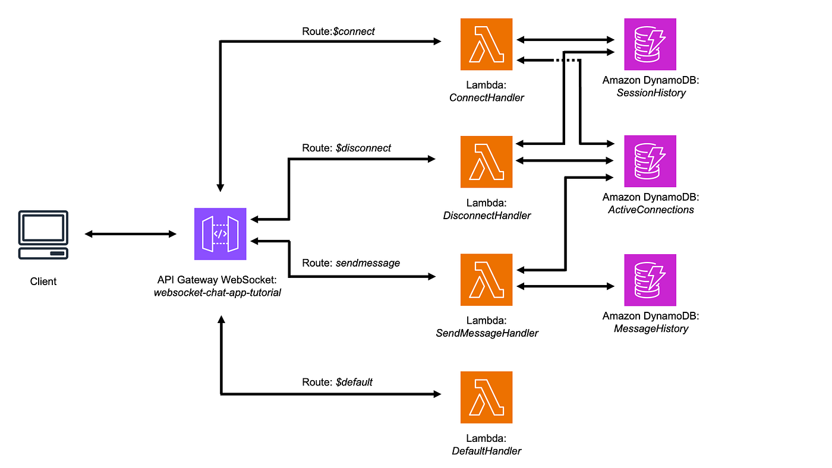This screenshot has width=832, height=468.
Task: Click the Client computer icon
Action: pos(43,235)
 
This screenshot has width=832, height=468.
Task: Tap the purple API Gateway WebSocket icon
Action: pos(220,234)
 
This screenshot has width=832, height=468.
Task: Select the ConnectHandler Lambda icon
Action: pos(486,44)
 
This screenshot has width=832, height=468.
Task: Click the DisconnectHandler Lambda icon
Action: pos(486,162)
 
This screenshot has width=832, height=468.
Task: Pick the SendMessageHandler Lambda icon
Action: pos(486,280)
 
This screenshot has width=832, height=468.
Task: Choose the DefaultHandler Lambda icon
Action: pos(486,397)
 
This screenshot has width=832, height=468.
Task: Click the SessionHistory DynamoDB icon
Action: pos(650,44)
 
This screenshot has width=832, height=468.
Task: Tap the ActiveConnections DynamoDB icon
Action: pos(650,161)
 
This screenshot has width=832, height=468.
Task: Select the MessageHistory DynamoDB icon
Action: pos(650,280)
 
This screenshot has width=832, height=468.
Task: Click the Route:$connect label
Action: pos(338,31)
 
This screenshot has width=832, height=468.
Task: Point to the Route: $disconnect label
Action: pos(346,148)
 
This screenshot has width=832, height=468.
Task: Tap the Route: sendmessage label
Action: pos(351,263)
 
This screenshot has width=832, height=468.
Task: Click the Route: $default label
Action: pos(337,382)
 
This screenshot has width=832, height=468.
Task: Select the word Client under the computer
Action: pos(43,282)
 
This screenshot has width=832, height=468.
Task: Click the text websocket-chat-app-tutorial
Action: pos(218,292)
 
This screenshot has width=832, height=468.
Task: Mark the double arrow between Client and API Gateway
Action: pos(130,234)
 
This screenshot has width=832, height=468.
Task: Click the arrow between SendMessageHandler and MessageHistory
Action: pos(565,286)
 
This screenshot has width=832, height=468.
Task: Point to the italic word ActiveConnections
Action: pos(651,210)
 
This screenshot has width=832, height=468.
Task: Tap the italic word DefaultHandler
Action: pos(486,451)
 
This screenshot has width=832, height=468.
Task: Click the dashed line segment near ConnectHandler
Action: pos(567,60)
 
